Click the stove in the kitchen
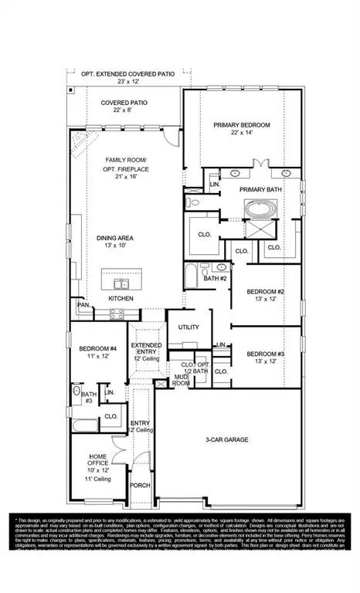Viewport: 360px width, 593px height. [118, 313]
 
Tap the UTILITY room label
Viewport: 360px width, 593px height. [188, 327]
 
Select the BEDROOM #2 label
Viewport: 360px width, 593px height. [266, 291]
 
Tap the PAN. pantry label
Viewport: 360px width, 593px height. [83, 306]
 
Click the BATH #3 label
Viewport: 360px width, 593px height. [89, 397]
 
